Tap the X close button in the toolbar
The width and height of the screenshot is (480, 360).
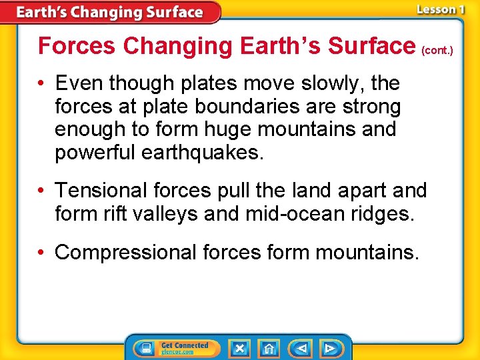(239, 348)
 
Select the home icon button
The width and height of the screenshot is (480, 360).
(269, 348)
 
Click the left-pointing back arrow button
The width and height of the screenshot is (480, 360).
(301, 348)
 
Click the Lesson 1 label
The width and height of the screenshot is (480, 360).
(440, 9)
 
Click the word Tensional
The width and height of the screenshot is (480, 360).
(101, 191)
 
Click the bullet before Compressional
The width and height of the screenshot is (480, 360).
(43, 253)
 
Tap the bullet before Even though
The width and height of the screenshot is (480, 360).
(43, 83)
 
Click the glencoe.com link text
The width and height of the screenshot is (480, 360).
(177, 352)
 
